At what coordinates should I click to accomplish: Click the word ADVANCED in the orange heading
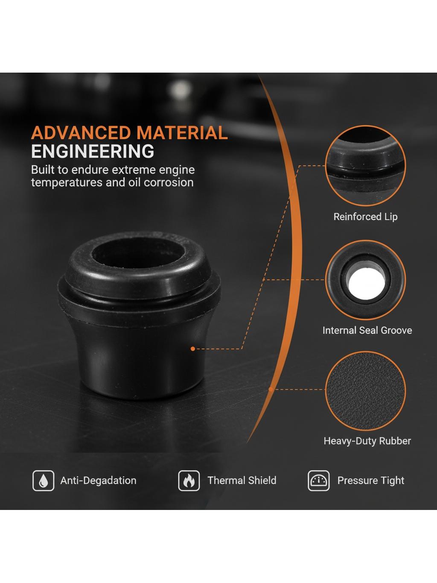coord(81,133)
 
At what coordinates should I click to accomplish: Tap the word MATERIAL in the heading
coord(182,133)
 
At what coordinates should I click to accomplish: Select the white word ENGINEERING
coord(93,151)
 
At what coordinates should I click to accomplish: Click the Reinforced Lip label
coord(365,217)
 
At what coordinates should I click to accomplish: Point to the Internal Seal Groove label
coord(367,331)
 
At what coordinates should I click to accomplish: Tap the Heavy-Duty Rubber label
coord(367,441)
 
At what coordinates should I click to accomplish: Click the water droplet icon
coord(43,480)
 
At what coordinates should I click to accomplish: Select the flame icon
coord(189,480)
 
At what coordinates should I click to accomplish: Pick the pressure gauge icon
coord(319,480)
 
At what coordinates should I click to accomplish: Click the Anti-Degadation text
coord(98,480)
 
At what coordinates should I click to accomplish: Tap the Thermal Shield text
coord(242,480)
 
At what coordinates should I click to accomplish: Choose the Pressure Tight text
coord(371,480)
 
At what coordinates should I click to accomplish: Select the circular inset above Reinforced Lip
coord(365,166)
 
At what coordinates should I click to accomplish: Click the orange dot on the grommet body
coord(193,349)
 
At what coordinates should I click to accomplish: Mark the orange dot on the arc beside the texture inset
coord(271,389)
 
